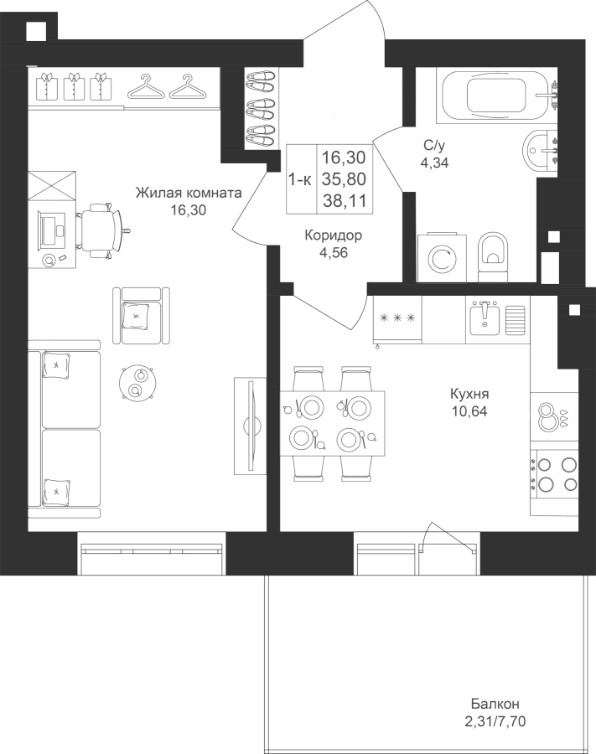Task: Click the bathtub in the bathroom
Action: (x=497, y=96)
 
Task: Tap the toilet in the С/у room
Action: (x=494, y=257)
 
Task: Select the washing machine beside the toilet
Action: (x=443, y=258)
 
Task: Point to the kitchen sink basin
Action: (x=485, y=318)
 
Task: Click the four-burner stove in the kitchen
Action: (x=554, y=473)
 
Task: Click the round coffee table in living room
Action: (x=137, y=382)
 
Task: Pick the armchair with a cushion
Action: (x=141, y=316)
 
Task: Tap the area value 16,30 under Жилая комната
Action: (x=189, y=209)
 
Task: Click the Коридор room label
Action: (x=334, y=235)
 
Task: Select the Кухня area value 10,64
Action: (x=469, y=411)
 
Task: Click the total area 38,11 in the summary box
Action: (x=345, y=200)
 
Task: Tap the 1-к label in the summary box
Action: (x=300, y=179)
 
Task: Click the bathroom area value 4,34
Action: (x=434, y=163)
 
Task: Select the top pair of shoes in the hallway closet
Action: (x=260, y=79)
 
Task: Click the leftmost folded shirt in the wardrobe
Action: (x=47, y=86)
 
